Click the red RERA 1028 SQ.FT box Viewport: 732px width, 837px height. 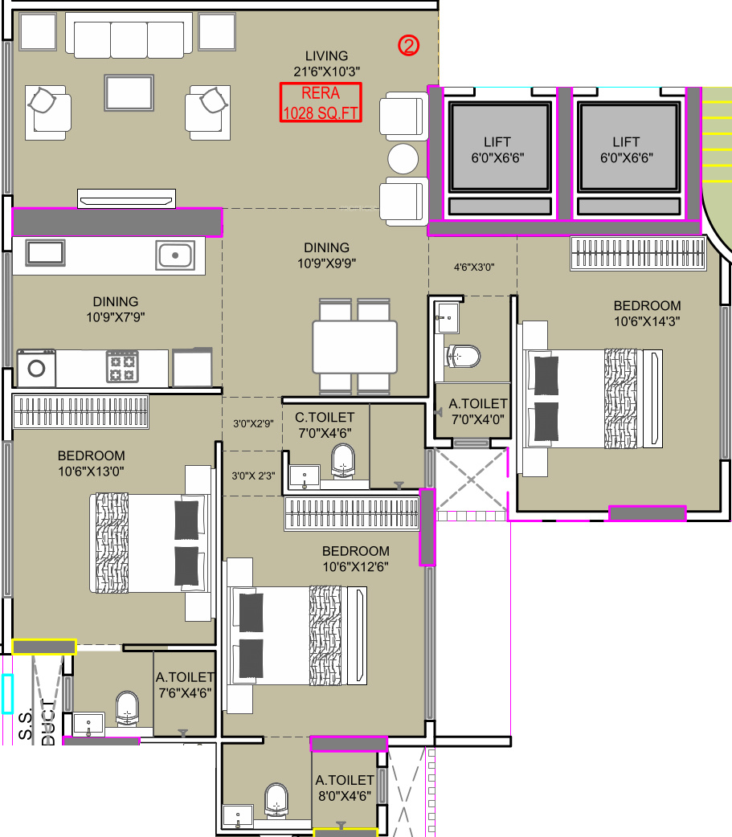pyautogui.click(x=321, y=103)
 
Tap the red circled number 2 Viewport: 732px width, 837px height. pyautogui.click(x=408, y=45)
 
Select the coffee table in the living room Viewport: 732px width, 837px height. pyautogui.click(x=129, y=93)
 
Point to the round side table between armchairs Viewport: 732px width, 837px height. pyautogui.click(x=403, y=158)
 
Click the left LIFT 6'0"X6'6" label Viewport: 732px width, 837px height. pyautogui.click(x=497, y=150)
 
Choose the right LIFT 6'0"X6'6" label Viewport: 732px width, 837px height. pyautogui.click(x=626, y=150)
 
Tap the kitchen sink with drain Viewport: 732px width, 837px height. pyautogui.click(x=174, y=255)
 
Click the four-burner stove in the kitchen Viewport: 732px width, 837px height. pyautogui.click(x=123, y=366)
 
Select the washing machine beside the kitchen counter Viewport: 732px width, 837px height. pyautogui.click(x=36, y=368)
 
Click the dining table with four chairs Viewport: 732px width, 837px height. pyautogui.click(x=354, y=347)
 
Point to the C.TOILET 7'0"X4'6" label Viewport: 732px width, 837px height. pyautogui.click(x=325, y=426)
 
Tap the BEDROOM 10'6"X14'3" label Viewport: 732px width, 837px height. pyautogui.click(x=647, y=313)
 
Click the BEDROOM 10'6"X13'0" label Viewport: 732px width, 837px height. pyautogui.click(x=92, y=463)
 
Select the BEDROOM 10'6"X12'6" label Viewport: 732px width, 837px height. pyautogui.click(x=356, y=559)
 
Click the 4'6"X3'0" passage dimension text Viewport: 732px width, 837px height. pyautogui.click(x=474, y=267)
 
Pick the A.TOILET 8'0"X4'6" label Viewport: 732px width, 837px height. pyautogui.click(x=345, y=789)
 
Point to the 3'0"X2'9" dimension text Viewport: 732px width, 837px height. pyautogui.click(x=253, y=424)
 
